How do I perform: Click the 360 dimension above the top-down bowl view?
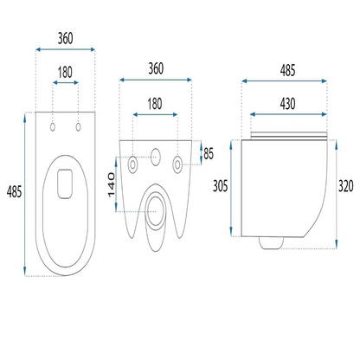[65, 38]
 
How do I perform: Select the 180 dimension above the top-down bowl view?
[65, 73]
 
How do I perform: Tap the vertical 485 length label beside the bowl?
[14, 191]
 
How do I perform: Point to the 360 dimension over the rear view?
[156, 68]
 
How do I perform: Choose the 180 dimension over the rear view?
[155, 104]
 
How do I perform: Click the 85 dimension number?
[209, 154]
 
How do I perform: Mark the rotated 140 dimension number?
[112, 185]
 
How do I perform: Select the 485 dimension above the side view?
[287, 71]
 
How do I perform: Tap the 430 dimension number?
[287, 104]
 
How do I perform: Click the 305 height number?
[221, 186]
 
